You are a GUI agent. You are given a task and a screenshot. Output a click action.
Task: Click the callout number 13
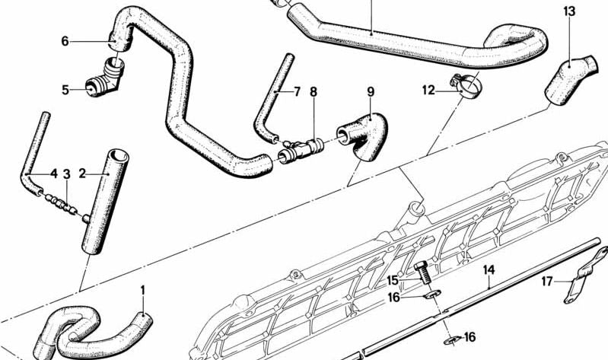point(569,11)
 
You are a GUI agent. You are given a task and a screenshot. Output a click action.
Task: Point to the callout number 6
point(65,41)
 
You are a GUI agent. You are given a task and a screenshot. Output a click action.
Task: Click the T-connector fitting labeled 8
point(301,150)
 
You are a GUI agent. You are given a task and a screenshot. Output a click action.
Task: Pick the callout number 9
point(371,92)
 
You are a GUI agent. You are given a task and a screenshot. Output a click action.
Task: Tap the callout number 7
point(297,92)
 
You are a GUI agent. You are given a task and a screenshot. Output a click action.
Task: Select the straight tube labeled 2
point(105,202)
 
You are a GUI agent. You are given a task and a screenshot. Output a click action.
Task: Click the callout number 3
point(67,174)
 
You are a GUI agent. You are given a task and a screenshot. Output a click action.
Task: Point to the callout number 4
point(54,174)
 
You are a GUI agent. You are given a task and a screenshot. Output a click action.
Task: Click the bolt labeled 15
point(423,272)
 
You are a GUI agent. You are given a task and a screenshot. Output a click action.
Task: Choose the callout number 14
point(489,270)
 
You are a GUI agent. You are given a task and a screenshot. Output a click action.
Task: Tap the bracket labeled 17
point(584,275)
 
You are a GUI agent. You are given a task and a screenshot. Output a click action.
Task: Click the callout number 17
point(547,282)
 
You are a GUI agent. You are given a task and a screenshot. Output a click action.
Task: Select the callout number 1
point(142,290)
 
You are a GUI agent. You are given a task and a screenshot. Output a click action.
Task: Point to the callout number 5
point(65,90)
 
